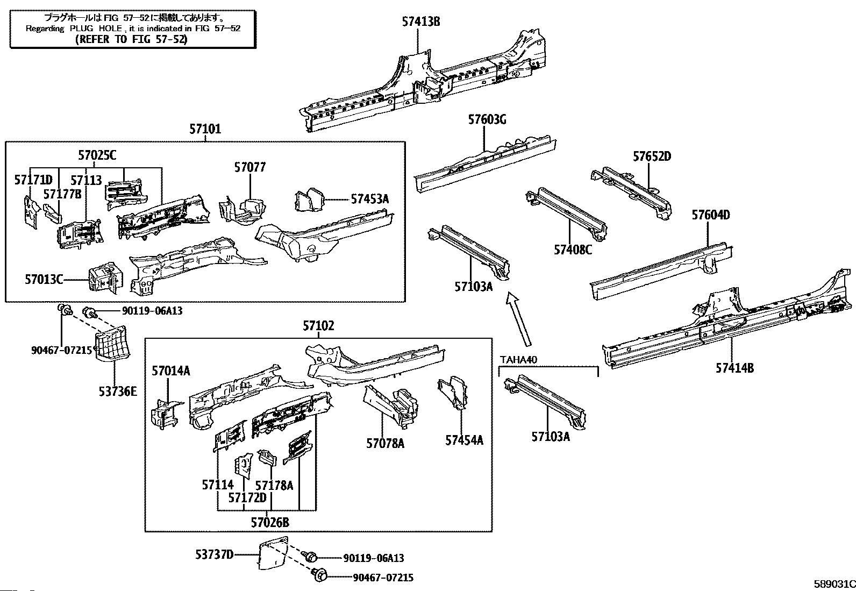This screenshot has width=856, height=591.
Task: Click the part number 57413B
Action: pos(421,22)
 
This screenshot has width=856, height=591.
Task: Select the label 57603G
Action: pos(487,120)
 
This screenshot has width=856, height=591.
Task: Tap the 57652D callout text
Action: pos(652,156)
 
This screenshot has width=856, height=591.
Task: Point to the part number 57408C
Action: pos(573,250)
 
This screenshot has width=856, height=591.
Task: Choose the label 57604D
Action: pos(710,215)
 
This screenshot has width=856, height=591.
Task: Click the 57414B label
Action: pos(734,368)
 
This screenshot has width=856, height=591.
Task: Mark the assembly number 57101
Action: pos(205,130)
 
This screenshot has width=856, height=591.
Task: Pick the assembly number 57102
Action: pos(318,326)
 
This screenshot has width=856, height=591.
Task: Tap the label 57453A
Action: pos(369,199)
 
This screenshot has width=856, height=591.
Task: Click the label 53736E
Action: pos(117,391)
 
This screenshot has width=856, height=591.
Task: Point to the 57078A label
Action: pos(385,443)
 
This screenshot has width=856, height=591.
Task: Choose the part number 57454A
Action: pos(464,440)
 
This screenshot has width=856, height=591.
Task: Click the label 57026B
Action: pos(270,522)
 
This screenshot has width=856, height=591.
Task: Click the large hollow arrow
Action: pos(518,319)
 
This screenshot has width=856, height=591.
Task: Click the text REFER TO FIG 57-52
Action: pos(131,39)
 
